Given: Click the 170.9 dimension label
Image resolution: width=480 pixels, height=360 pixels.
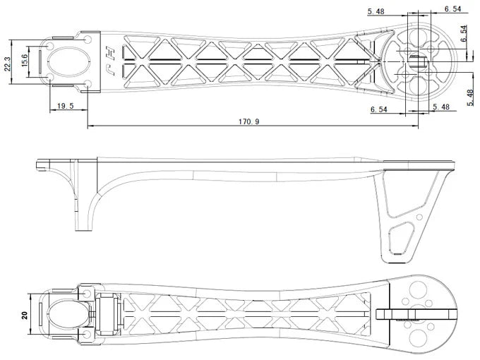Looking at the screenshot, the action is (248, 121).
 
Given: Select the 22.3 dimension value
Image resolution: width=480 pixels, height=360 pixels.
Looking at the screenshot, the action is (7, 64).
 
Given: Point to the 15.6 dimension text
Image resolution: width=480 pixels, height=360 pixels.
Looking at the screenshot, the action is (25, 60).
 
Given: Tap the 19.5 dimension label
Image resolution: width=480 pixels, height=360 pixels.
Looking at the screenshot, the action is (66, 106).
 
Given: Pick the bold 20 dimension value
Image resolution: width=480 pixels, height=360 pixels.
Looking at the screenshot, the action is (25, 316).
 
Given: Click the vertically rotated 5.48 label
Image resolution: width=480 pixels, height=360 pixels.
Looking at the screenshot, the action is (471, 98).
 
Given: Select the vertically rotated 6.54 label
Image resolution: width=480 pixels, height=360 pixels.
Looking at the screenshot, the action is (464, 34).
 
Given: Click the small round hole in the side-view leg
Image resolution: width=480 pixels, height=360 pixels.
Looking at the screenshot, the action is (419, 217).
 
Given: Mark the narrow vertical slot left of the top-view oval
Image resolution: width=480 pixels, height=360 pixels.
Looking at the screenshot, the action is (40, 61).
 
